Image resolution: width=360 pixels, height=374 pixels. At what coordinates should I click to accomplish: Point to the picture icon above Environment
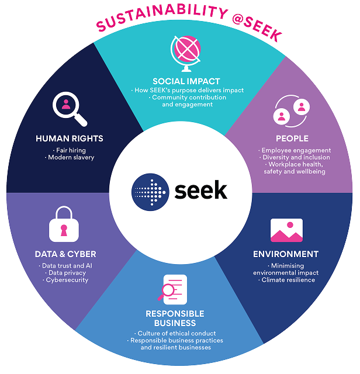click(x=286, y=230)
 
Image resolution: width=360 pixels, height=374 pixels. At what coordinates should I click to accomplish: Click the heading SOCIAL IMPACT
click(x=186, y=81)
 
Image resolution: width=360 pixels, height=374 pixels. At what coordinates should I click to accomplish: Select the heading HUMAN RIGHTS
click(x=70, y=138)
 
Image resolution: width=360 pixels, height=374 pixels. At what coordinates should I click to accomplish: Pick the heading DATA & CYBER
click(x=65, y=254)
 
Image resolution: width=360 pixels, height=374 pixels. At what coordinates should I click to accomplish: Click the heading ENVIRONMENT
click(x=286, y=254)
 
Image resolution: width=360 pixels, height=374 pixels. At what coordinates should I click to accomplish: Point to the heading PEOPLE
click(x=292, y=139)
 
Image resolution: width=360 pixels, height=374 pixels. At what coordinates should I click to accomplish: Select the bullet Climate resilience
click(x=288, y=280)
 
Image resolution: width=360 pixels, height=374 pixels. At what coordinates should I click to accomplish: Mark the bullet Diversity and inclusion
click(x=296, y=157)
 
